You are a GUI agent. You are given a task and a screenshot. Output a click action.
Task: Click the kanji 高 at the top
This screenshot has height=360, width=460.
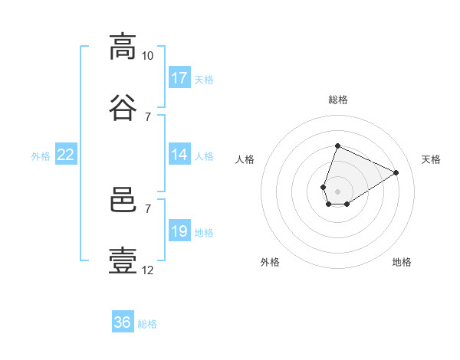pos(123,47)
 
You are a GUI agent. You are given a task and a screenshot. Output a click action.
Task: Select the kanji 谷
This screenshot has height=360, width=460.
pos(123,107)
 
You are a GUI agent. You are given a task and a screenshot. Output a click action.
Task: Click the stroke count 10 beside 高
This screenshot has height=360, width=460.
pos(147,56)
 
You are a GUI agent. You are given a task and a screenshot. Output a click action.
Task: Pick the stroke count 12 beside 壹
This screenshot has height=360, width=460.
pos(147,270)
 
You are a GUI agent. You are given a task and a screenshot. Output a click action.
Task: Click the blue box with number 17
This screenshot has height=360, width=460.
pos(179,78)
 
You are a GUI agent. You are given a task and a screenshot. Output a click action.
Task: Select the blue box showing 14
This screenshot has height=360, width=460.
pos(179,155)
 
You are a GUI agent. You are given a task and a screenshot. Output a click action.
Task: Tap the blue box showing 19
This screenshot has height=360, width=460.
pos(179,231)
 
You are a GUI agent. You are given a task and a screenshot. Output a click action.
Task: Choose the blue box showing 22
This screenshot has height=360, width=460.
pos(66,155)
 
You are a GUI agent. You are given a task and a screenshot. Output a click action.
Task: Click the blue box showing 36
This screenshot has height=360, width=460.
pos(123,322)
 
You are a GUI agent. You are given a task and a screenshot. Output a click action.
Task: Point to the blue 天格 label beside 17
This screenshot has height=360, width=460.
pos(204,80)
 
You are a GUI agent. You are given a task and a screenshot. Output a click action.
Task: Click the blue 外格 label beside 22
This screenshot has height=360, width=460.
pos(41,156)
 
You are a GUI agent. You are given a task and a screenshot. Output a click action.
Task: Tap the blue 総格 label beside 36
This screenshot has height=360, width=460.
pos(147,324)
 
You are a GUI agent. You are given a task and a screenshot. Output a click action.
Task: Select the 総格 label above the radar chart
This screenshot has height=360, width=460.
pos(337,100)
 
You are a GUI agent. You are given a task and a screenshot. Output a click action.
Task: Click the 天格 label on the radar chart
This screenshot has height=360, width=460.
pos(431,159)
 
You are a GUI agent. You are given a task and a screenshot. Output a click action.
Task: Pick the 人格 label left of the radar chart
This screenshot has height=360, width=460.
pos(245,159)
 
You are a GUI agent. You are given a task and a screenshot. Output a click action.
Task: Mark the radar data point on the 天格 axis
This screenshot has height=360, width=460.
pos(396,172)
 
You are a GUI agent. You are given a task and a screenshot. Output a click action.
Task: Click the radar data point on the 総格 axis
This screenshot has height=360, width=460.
pos(337,146)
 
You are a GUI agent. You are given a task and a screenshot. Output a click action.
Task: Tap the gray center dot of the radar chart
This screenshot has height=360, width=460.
pos(337,190)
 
